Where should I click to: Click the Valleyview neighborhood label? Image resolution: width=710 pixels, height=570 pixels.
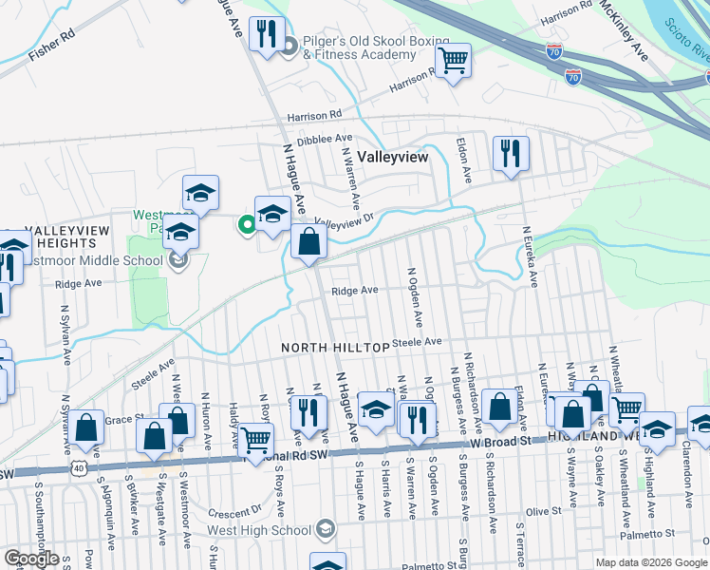[391, 157]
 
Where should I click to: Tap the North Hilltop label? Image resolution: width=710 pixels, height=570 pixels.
[335, 349]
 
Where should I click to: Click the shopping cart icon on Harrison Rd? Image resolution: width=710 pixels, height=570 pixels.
[454, 62]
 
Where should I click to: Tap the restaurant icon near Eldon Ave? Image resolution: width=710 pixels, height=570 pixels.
[511, 153]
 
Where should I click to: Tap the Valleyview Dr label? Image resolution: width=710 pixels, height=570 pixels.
[345, 219]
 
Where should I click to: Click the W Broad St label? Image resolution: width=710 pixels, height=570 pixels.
[498, 443]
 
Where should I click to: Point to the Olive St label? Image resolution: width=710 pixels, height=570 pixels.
[544, 512]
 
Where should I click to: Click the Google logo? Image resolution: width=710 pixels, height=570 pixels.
[31, 559]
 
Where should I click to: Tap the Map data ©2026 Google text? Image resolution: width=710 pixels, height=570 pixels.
[651, 562]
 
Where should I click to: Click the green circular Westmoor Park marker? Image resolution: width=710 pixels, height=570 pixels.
[247, 225]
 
